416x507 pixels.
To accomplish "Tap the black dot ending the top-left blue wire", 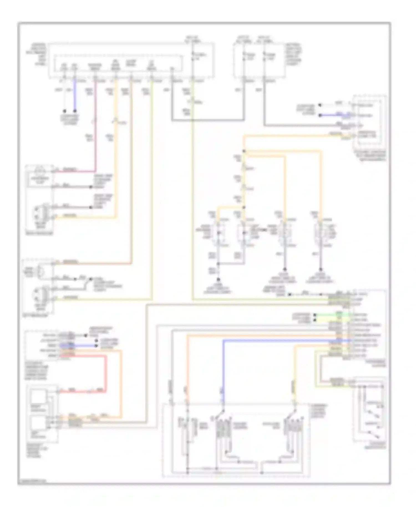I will [x=74, y=110].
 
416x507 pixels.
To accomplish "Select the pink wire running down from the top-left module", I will [x=96, y=125].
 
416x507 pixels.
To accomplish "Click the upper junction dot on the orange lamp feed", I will [x=244, y=151].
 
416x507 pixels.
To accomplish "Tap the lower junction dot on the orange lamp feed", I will [x=244, y=207].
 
